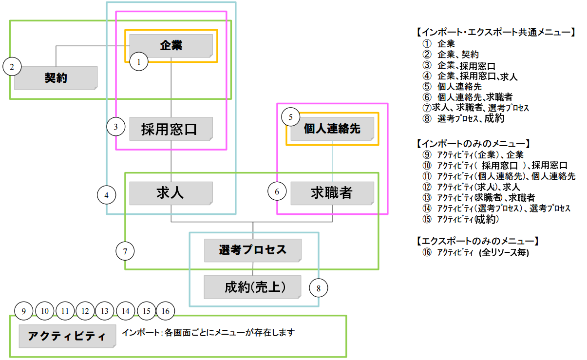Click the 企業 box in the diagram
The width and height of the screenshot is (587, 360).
pos(171,46)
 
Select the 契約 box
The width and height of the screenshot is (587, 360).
pos(56,78)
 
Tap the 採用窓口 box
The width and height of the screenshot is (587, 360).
pos(171,129)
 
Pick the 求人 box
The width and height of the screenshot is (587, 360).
pos(171,193)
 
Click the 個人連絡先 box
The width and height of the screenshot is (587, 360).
pos(332,129)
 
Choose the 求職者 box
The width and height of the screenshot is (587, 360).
pos(332,193)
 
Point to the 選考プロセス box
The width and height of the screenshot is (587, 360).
pos(253,250)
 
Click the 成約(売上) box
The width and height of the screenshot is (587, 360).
pos(253,287)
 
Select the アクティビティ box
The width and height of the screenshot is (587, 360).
pos(67,336)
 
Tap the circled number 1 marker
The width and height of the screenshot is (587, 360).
pos(139,62)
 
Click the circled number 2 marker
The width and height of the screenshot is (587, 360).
pos(12,66)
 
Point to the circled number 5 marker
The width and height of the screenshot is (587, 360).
pos(291,117)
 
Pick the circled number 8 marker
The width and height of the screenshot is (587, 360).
pos(319,288)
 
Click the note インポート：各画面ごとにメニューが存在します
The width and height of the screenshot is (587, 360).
pos(208,333)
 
